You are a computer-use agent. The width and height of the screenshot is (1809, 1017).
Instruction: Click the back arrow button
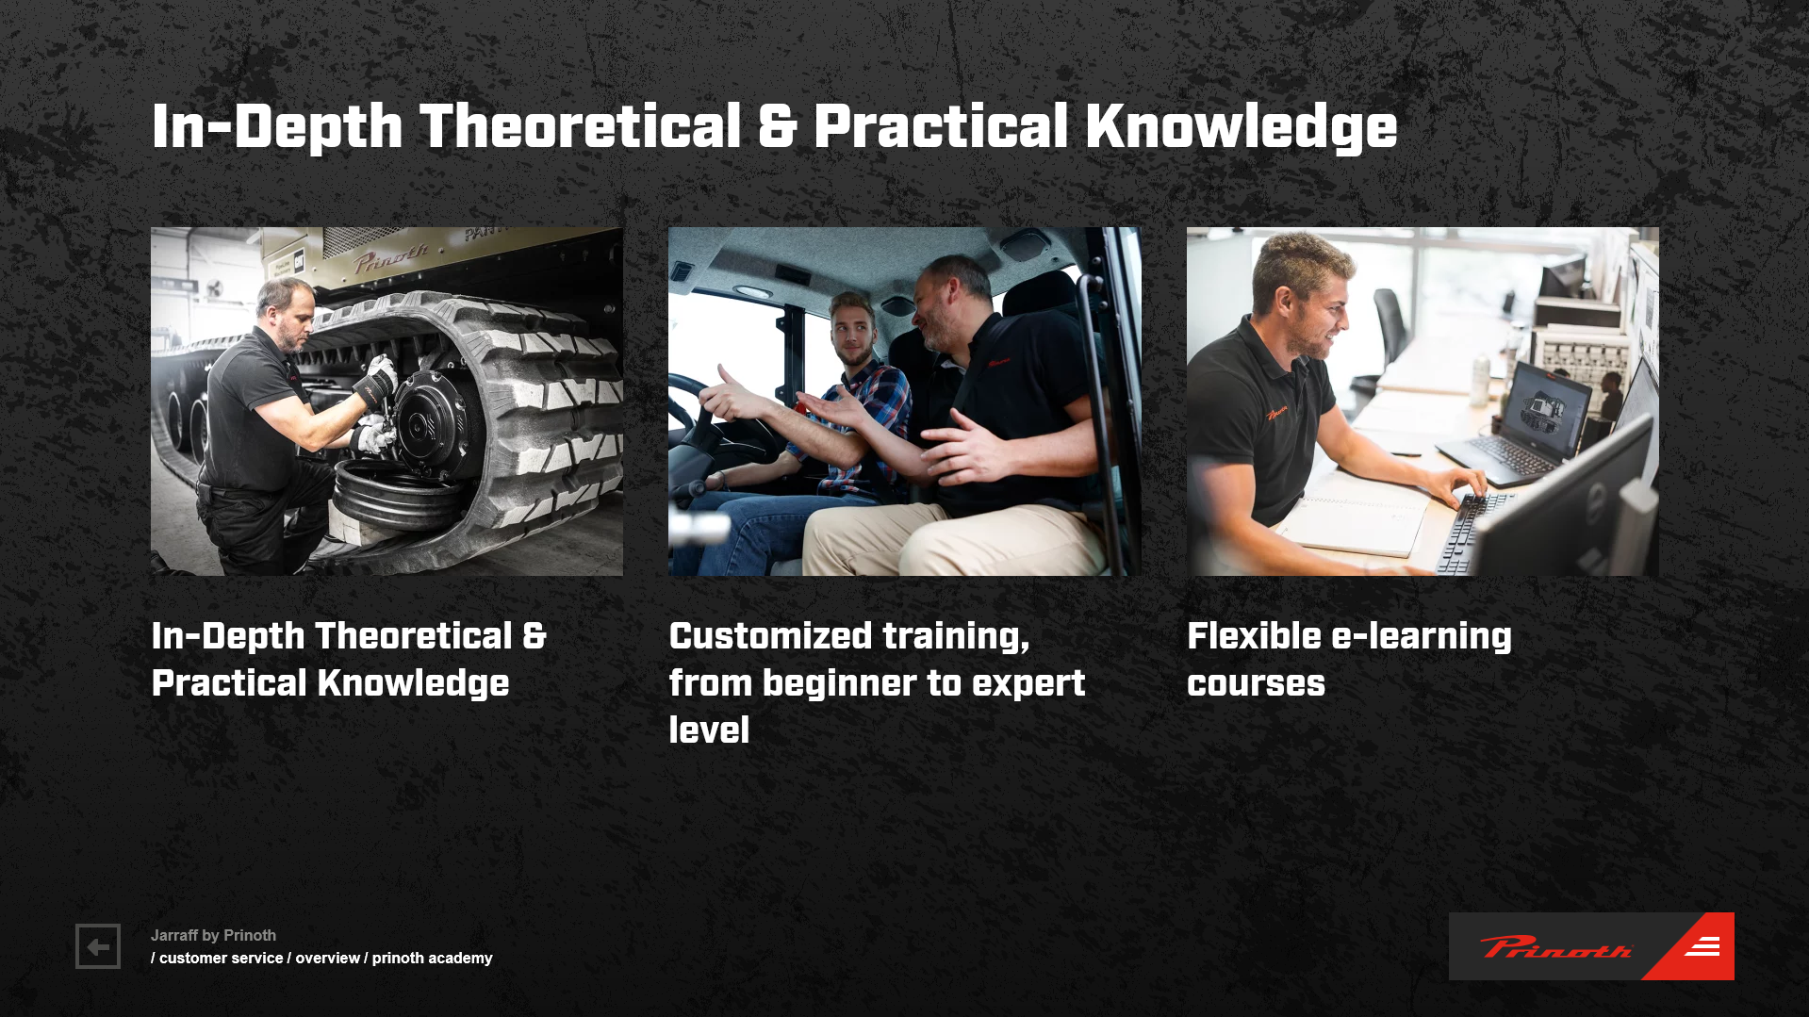pos(98,946)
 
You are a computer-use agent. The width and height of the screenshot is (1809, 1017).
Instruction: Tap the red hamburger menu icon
pos(1702,946)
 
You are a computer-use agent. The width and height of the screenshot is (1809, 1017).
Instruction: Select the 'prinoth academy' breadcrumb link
pos(432,958)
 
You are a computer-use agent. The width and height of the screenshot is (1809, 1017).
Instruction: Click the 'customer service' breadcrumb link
pos(221,958)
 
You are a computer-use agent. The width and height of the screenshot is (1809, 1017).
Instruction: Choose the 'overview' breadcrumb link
pos(327,958)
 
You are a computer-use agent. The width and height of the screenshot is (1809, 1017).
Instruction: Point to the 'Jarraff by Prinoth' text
pos(213,935)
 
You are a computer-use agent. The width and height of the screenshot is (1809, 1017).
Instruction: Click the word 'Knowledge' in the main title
pos(1242,127)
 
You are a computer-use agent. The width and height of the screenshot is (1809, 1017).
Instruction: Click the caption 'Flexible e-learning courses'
pos(1349,659)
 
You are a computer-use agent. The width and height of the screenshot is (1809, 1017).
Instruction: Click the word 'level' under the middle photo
pos(709,730)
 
